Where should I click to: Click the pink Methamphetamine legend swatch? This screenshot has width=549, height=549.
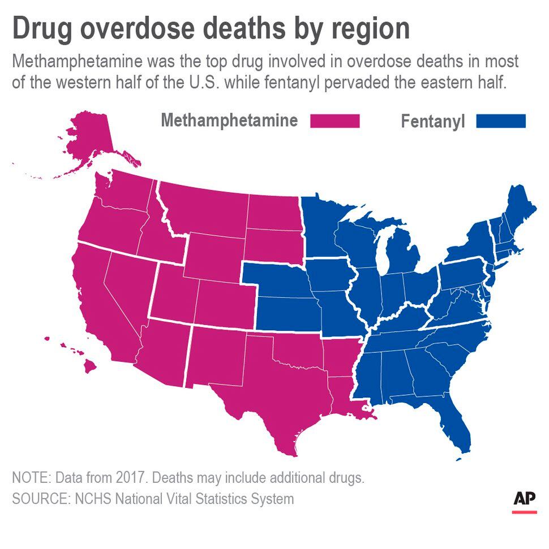[x=334, y=121]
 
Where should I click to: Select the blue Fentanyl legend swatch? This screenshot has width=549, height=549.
[x=501, y=121]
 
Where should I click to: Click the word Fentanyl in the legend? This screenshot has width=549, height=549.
[x=432, y=122]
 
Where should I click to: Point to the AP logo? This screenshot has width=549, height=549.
[x=524, y=500]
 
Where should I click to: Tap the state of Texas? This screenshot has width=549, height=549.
[x=272, y=390]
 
